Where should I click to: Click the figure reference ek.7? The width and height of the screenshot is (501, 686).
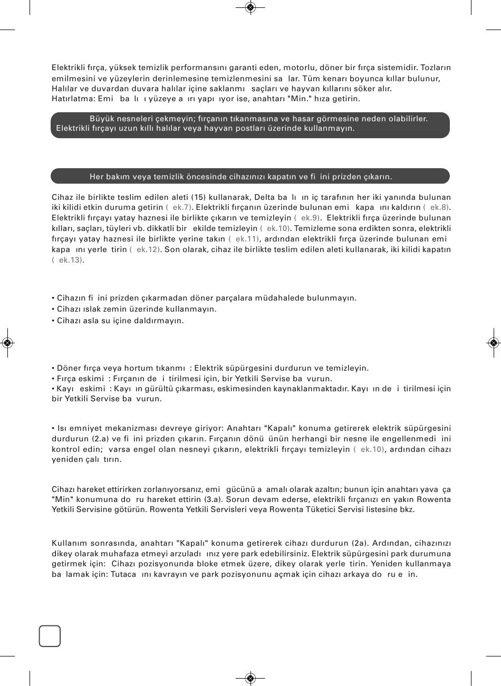pyautogui.click(x=181, y=207)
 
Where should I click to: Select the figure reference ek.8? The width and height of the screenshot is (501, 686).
pyautogui.click(x=439, y=207)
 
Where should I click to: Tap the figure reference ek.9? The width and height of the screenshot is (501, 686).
pyautogui.click(x=310, y=217)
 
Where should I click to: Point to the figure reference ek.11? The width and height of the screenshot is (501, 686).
pyautogui.click(x=245, y=238)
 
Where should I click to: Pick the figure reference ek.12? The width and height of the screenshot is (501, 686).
pyautogui.click(x=147, y=249)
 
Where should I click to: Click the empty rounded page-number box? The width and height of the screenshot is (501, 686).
pyautogui.click(x=50, y=635)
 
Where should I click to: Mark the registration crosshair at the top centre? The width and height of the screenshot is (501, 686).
pyautogui.click(x=250, y=7)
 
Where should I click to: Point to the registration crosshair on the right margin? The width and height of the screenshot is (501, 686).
pyautogui.click(x=494, y=343)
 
